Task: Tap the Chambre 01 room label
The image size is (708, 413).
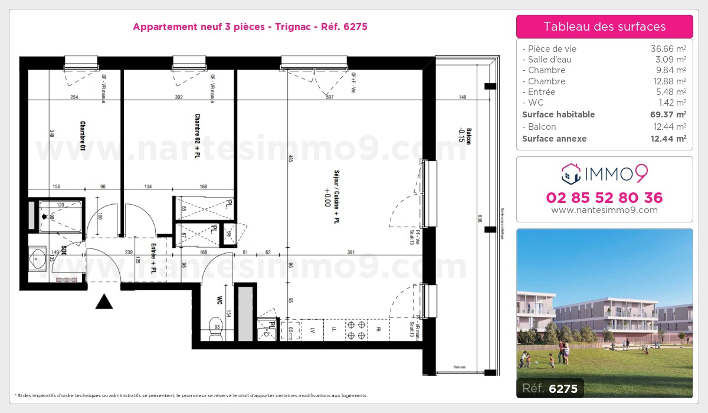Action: point(83,137)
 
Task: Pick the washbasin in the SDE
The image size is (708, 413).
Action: point(40,258)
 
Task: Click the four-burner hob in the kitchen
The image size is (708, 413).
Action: point(357,330)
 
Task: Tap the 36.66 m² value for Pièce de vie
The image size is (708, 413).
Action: point(668,49)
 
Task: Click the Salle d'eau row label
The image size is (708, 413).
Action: point(547,60)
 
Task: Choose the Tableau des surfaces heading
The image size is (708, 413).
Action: point(604,27)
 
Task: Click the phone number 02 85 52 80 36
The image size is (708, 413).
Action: point(604,198)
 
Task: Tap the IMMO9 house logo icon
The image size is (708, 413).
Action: point(571,173)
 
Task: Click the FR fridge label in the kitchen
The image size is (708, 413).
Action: point(379,329)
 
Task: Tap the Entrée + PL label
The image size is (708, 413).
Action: point(153,258)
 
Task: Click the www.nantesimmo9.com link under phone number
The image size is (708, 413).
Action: point(604,210)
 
